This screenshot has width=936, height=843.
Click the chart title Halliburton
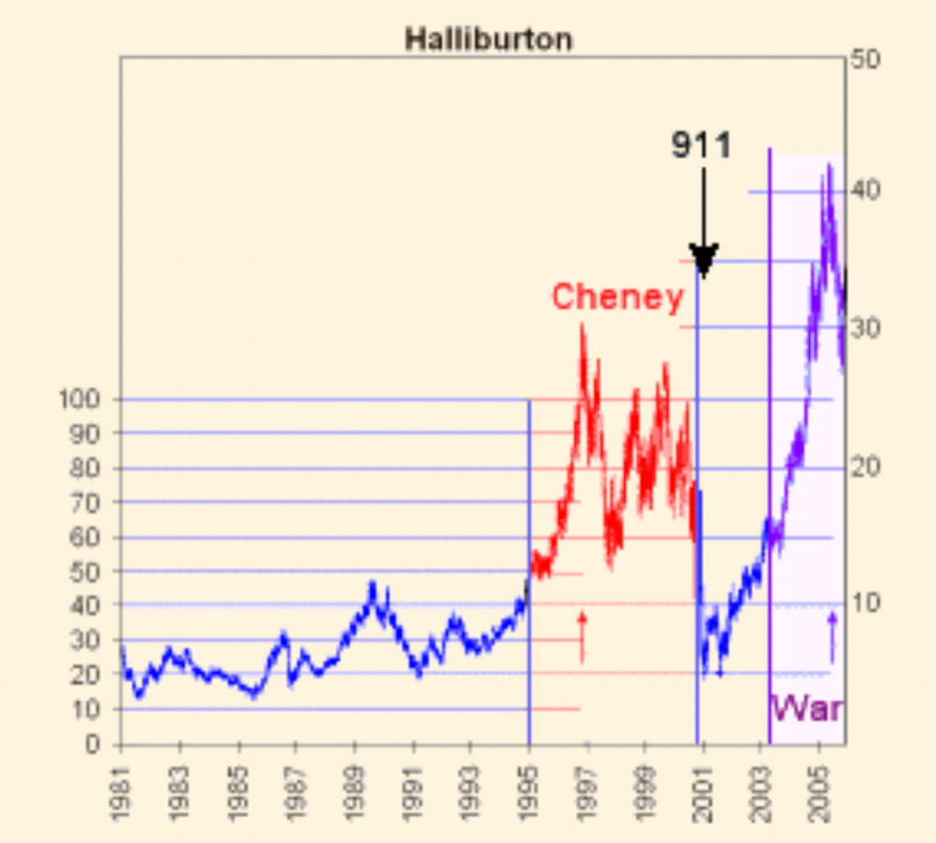coord(488,39)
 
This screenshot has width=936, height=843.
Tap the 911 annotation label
coord(701,145)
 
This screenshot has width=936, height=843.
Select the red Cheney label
coord(617,297)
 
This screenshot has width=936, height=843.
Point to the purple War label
coord(807,708)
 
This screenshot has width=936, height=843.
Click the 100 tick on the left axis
coord(80,400)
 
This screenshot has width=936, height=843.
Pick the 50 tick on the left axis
coord(85,571)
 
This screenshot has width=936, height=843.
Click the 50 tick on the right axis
coord(864,60)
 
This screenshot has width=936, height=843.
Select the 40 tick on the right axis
coord(864,191)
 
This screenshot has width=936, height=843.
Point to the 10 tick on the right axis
coord(864,603)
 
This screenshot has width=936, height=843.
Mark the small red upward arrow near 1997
coord(581,636)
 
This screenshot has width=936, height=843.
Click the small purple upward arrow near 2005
coord(832,636)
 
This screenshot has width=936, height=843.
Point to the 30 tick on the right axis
coord(864,328)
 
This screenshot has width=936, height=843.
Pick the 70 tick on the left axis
coord(85,502)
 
